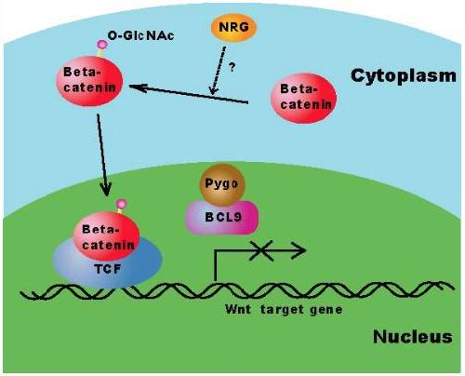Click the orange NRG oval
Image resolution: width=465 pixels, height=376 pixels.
[233, 28]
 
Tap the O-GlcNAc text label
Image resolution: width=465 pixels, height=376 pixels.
[141, 35]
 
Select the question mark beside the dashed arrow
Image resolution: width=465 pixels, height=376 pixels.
[232, 67]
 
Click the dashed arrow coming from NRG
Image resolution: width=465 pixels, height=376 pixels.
[218, 71]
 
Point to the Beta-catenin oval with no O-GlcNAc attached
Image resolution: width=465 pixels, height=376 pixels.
[303, 98]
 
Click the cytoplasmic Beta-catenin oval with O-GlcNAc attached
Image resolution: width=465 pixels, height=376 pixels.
[89, 81]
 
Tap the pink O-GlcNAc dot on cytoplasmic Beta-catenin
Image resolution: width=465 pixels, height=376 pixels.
[102, 45]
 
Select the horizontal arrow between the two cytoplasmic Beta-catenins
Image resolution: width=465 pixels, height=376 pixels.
[189, 94]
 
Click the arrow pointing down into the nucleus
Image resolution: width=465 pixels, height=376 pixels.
[102, 155]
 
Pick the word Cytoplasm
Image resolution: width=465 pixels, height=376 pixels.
[404, 76]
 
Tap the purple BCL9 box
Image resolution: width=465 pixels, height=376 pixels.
[222, 218]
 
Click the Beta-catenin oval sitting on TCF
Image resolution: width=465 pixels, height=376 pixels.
[107, 236]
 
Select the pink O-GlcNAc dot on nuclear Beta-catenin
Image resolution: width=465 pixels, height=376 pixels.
[122, 205]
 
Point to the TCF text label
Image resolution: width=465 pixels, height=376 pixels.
[108, 269]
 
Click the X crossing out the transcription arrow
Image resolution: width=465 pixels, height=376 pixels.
[261, 250]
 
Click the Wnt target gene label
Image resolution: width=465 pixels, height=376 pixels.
[284, 309]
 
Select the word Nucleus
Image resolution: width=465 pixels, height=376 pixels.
[413, 337]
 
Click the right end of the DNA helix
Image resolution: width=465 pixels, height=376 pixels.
[453, 287]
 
